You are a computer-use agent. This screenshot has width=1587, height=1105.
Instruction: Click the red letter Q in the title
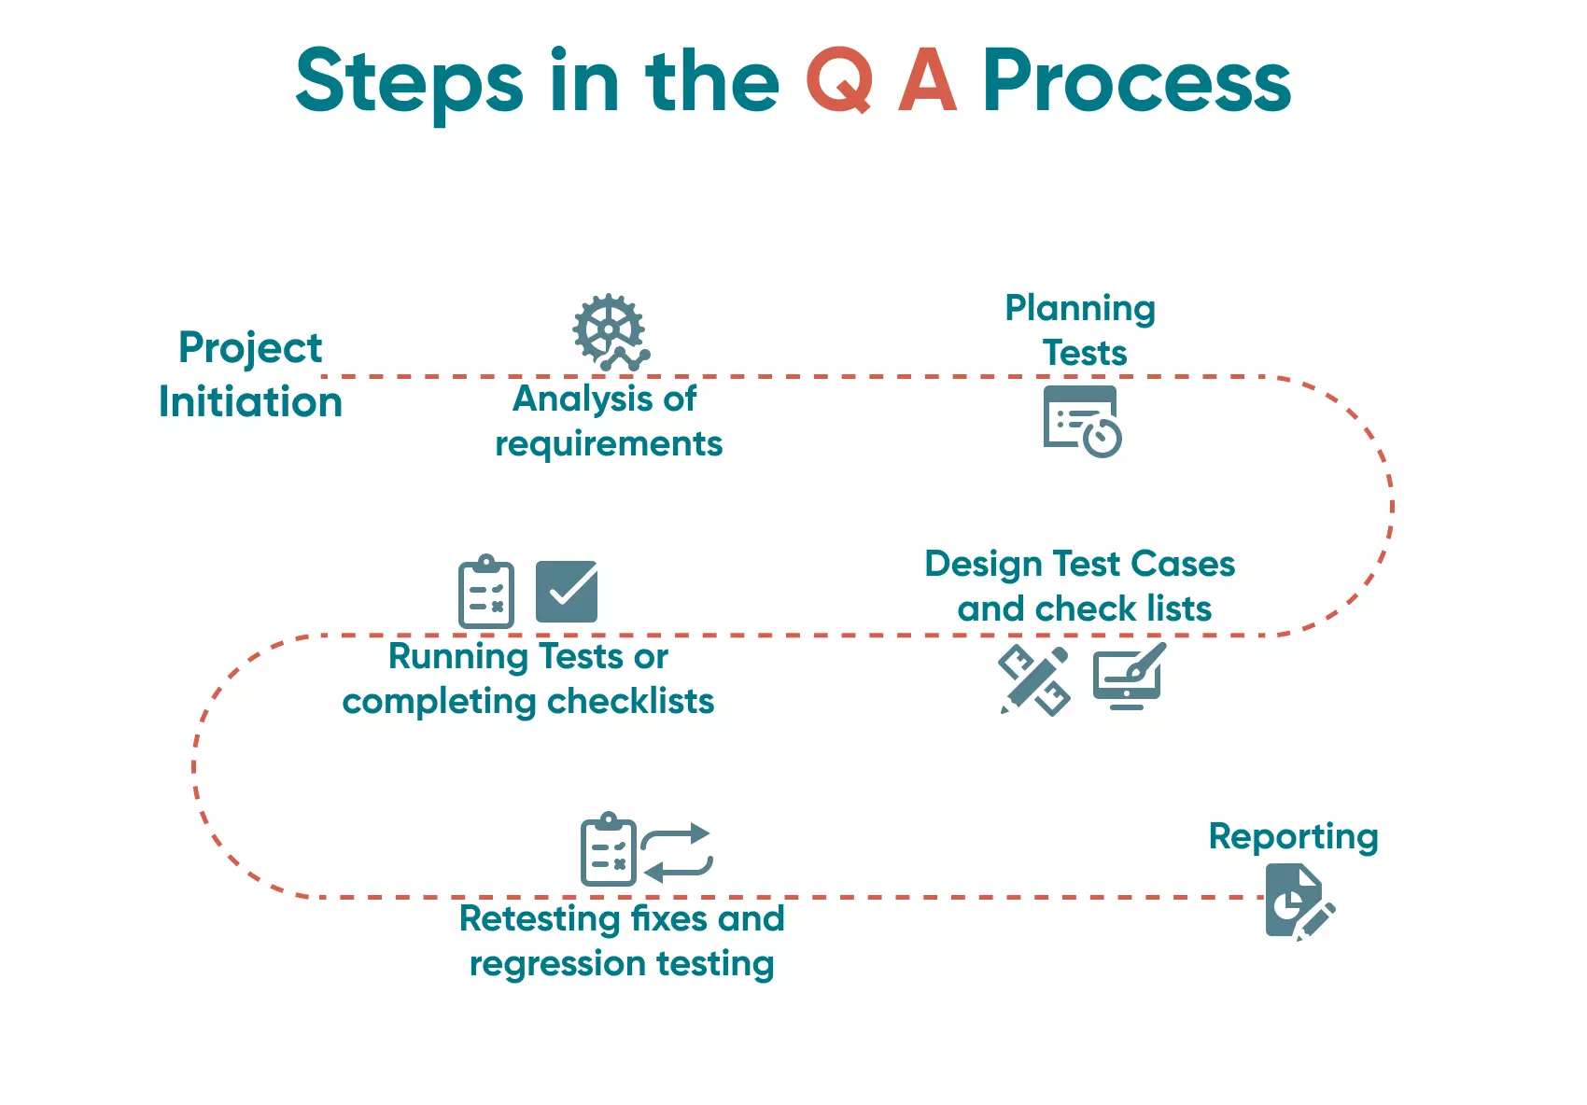click(x=839, y=81)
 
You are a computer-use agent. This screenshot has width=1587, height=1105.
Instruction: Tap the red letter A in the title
click(x=927, y=81)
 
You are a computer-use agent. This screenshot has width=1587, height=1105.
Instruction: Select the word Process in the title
click(x=1136, y=81)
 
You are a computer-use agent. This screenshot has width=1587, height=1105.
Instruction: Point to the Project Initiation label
click(x=250, y=374)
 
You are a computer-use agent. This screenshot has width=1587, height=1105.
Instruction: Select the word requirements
click(x=609, y=444)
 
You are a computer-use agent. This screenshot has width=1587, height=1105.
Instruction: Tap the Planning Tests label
click(x=1081, y=330)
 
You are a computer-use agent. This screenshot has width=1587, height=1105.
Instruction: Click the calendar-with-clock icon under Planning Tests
click(x=1081, y=421)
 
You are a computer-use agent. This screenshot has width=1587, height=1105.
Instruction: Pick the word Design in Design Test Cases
click(x=983, y=565)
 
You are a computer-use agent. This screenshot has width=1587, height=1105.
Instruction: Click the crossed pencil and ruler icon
click(x=1034, y=679)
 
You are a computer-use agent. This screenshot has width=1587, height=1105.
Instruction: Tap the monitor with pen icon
click(x=1130, y=677)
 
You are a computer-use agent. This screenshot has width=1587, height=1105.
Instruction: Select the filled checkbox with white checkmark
click(x=567, y=592)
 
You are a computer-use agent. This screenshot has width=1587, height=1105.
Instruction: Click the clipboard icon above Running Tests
click(x=486, y=592)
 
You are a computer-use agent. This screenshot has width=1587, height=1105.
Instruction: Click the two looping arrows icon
click(x=677, y=853)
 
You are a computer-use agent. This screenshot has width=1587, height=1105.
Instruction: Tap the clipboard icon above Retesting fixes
click(x=608, y=850)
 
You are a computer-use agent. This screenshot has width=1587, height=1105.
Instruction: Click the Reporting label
click(x=1293, y=837)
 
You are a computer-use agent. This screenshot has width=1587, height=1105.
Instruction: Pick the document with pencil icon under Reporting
click(x=1299, y=902)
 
